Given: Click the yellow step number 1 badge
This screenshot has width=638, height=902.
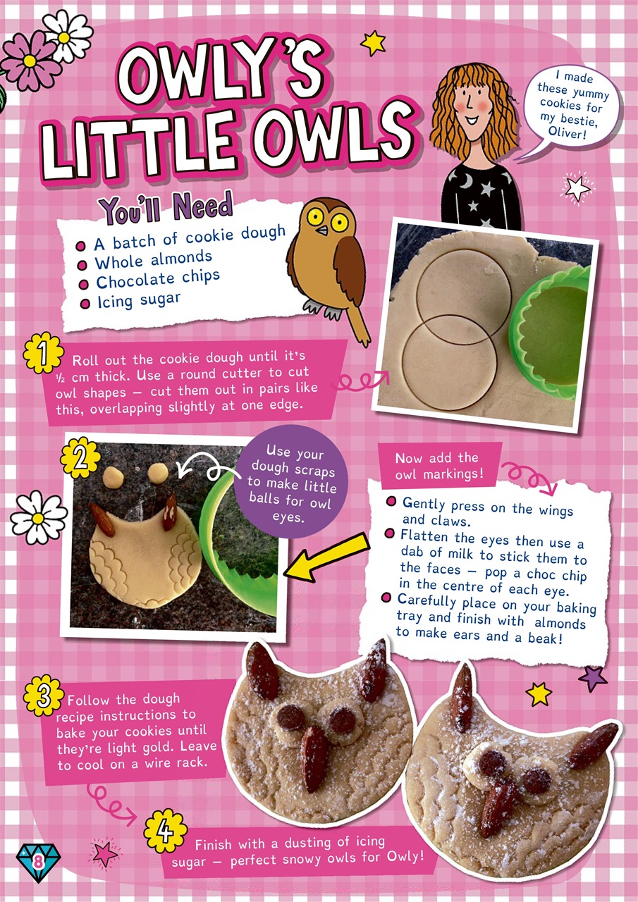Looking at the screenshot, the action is (43, 353).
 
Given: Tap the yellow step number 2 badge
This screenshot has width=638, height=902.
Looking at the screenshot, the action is (80, 458).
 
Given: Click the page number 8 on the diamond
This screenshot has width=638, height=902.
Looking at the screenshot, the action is (38, 863).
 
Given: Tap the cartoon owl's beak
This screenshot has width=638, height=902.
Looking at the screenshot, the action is (322, 230).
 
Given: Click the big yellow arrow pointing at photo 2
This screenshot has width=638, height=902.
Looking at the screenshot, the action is (326, 556).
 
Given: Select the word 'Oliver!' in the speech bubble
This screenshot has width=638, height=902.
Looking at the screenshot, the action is (567, 131).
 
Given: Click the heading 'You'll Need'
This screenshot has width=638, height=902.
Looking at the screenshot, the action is (166, 208).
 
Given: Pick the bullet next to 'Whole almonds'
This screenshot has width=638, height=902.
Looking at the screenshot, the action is (82, 266).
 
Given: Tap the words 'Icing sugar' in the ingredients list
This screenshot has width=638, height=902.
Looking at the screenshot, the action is (139, 300).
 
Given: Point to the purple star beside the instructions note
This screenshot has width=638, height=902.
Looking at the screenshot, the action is (592, 679).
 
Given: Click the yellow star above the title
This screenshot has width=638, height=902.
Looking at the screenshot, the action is (373, 43).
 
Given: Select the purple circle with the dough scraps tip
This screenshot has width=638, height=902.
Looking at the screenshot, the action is (291, 481).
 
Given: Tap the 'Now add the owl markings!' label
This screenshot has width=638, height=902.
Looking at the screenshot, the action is (439, 466).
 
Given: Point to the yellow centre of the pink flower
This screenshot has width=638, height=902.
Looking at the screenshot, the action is (29, 61).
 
